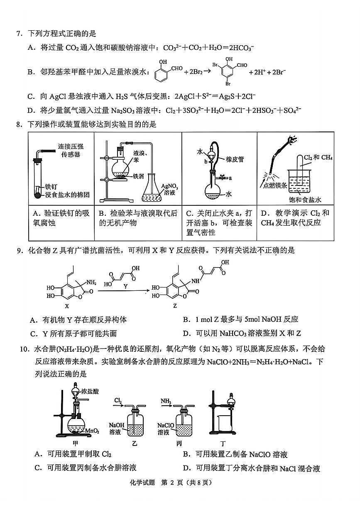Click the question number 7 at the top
[19, 34]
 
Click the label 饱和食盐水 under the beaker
[305, 200]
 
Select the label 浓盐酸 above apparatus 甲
[90, 391]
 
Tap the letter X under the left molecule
[66, 306]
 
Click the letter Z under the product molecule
[175, 306]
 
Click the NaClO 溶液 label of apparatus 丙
[165, 429]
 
